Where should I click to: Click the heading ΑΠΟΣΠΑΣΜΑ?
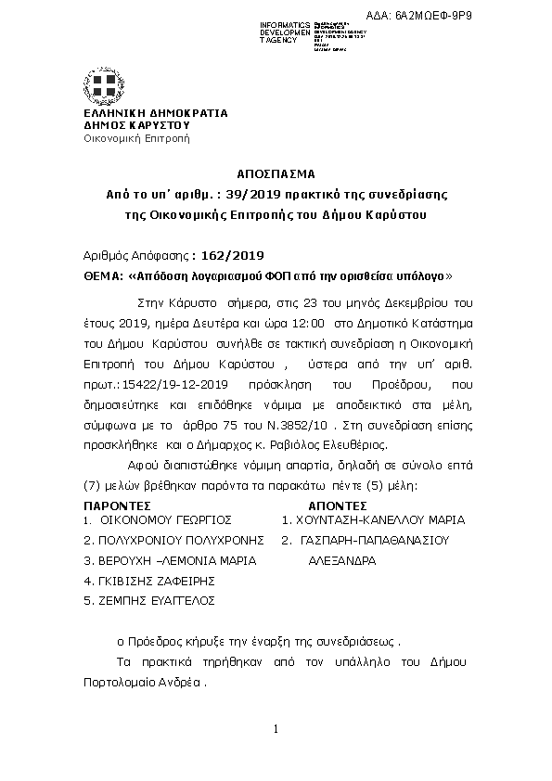click(x=276, y=173)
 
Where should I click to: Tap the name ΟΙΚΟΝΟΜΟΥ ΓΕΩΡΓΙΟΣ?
click(x=164, y=520)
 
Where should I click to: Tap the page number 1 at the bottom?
click(x=276, y=728)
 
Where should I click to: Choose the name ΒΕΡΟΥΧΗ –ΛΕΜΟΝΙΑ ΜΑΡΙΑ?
click(x=170, y=560)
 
